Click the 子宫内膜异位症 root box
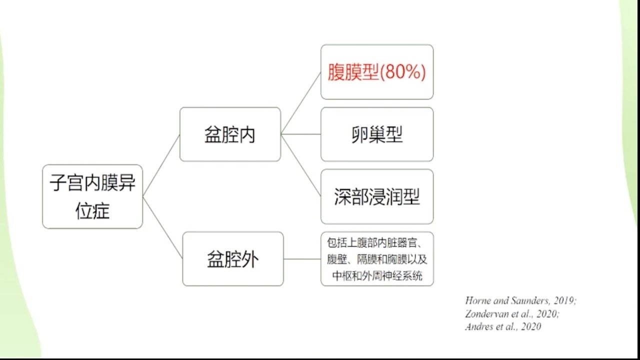[x=92, y=196]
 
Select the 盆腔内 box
[x=230, y=134]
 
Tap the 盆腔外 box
[x=233, y=259]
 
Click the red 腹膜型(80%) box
[x=377, y=72]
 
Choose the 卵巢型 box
[x=377, y=134]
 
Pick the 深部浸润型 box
[x=377, y=196]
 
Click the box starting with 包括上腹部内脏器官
[x=377, y=259]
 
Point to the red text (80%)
[x=403, y=71]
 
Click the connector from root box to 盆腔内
[x=161, y=165]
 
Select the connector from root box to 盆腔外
[x=163, y=227]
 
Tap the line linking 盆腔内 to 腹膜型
[x=301, y=103]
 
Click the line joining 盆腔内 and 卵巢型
[x=301, y=134]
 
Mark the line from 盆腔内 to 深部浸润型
[x=301, y=165]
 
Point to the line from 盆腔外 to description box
[x=302, y=259]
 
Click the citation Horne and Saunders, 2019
[x=521, y=300]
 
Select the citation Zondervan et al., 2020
[x=512, y=313]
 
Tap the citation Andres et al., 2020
[x=503, y=326]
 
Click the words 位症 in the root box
[x=92, y=211]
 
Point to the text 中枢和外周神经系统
[x=377, y=276]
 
